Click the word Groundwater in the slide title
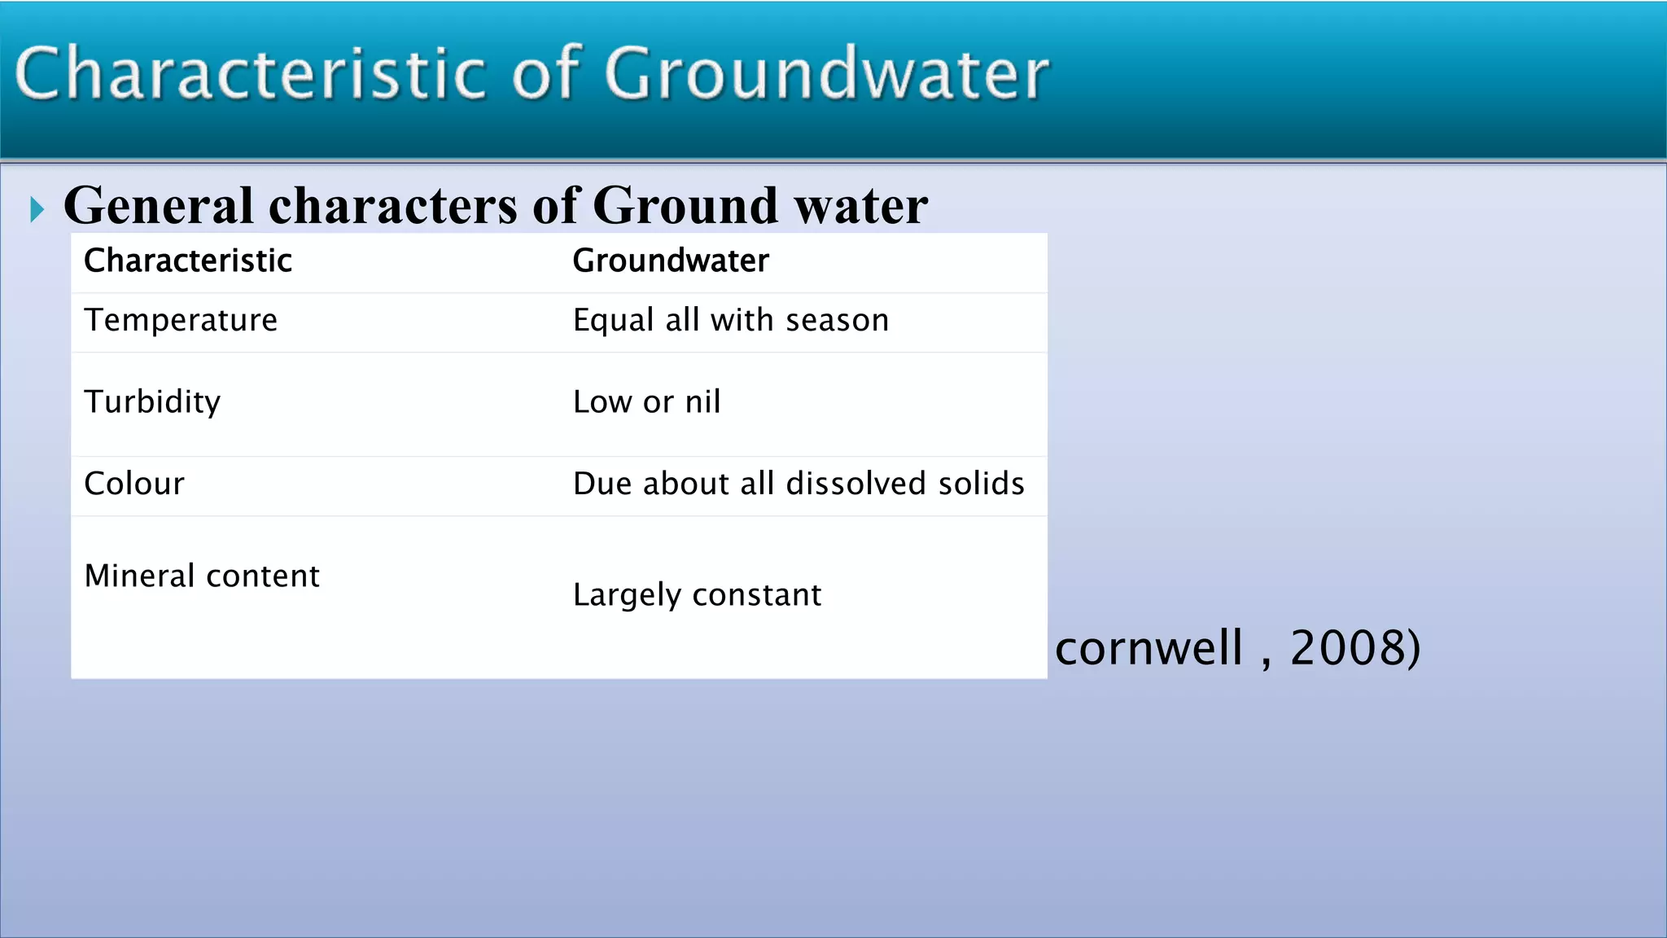[x=826, y=75]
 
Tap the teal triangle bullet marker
[x=37, y=209]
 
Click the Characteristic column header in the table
[x=188, y=261]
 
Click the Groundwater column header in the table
[x=671, y=261]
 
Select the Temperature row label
[x=181, y=320]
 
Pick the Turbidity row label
[x=152, y=402]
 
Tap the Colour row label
[x=134, y=484]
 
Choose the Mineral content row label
[x=202, y=576]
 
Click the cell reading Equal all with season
[x=730, y=321]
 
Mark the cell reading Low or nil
[x=646, y=402]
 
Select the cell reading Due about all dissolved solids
[x=798, y=484]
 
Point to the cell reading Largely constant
[x=697, y=595]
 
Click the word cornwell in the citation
[x=1149, y=648]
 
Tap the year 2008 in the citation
[x=1348, y=648]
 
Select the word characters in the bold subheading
[x=392, y=205]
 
